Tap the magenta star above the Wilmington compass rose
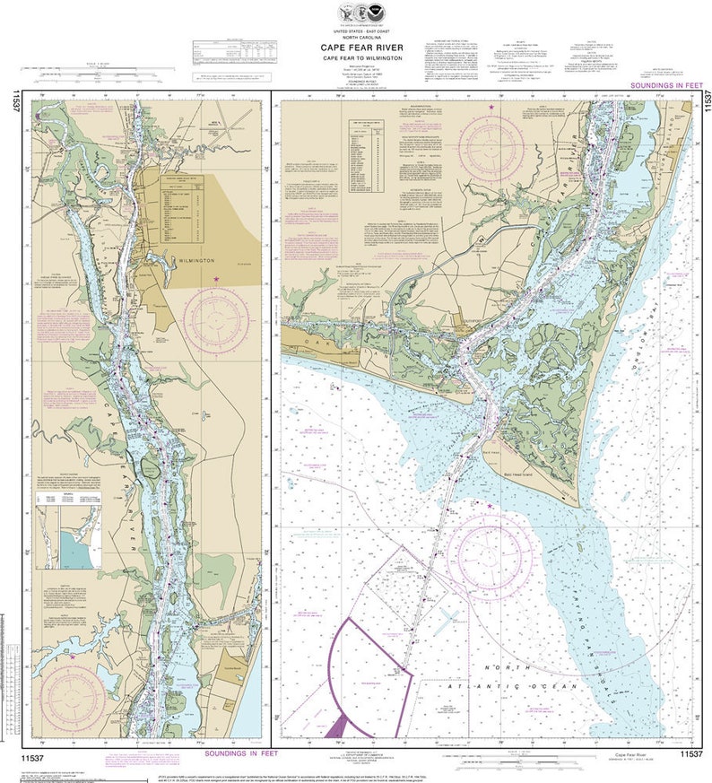(216, 280)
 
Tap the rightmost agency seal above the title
(373, 13)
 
